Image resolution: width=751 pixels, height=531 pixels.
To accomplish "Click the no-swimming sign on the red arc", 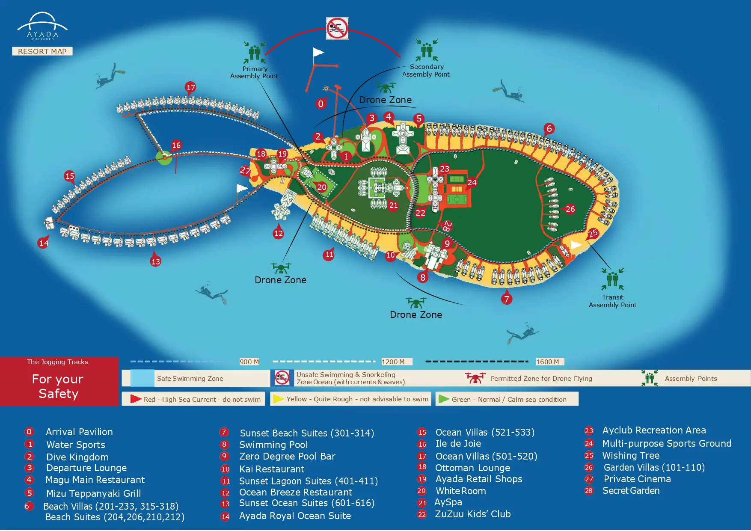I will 337,29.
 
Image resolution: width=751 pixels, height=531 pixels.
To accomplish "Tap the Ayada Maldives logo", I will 42,27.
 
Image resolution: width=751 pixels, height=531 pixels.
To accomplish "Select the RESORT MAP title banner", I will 42,51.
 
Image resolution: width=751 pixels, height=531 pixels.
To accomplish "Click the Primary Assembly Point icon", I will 255,53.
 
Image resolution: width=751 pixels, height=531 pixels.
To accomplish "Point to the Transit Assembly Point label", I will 612,301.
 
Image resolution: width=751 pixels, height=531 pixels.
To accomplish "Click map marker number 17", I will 190,88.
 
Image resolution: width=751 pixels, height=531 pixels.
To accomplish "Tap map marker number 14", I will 44,243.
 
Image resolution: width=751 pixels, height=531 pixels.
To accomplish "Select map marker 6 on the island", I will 549,128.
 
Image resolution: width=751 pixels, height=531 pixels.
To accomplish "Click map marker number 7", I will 507,299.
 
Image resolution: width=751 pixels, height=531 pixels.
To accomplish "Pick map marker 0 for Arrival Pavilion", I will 321,104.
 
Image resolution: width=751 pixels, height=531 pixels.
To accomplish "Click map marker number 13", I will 155,261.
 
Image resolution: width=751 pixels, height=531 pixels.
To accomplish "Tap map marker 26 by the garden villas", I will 570,209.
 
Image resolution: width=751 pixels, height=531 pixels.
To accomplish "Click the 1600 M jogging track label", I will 548,362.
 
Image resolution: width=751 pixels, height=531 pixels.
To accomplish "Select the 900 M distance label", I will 249,362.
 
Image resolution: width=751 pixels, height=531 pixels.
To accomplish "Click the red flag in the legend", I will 136,399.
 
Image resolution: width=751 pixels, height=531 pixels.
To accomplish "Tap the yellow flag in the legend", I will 279,399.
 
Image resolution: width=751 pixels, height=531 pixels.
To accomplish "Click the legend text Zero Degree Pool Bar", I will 287,457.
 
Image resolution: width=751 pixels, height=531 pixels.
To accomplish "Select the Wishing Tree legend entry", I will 630,456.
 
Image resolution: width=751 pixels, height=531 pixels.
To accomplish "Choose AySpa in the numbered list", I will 448,502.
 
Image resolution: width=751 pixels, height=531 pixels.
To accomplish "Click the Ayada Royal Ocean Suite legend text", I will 295,516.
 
